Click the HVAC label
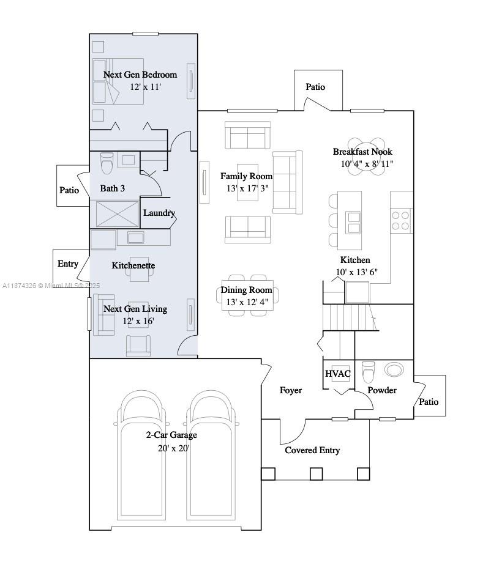click(x=337, y=374)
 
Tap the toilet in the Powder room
click(x=368, y=371)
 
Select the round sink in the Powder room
click(x=394, y=369)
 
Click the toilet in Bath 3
click(x=107, y=163)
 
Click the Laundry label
click(x=159, y=213)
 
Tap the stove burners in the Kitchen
click(x=400, y=220)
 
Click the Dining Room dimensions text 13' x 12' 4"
click(x=247, y=302)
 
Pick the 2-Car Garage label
click(x=171, y=435)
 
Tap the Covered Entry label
click(x=312, y=450)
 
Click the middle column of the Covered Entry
click(x=316, y=474)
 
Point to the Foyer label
click(x=291, y=390)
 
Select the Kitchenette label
click(x=133, y=265)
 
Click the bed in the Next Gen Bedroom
click(x=118, y=81)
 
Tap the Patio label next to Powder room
click(x=429, y=402)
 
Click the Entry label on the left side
click(x=68, y=264)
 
